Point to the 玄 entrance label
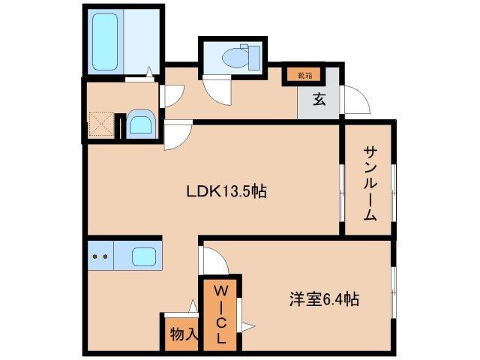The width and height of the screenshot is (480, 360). [319, 100]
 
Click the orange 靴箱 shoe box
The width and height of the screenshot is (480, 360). [303, 75]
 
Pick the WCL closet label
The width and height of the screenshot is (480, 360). [221, 313]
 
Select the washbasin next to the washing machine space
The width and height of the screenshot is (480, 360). [139, 124]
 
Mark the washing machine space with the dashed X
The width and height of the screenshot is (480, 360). [101, 124]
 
